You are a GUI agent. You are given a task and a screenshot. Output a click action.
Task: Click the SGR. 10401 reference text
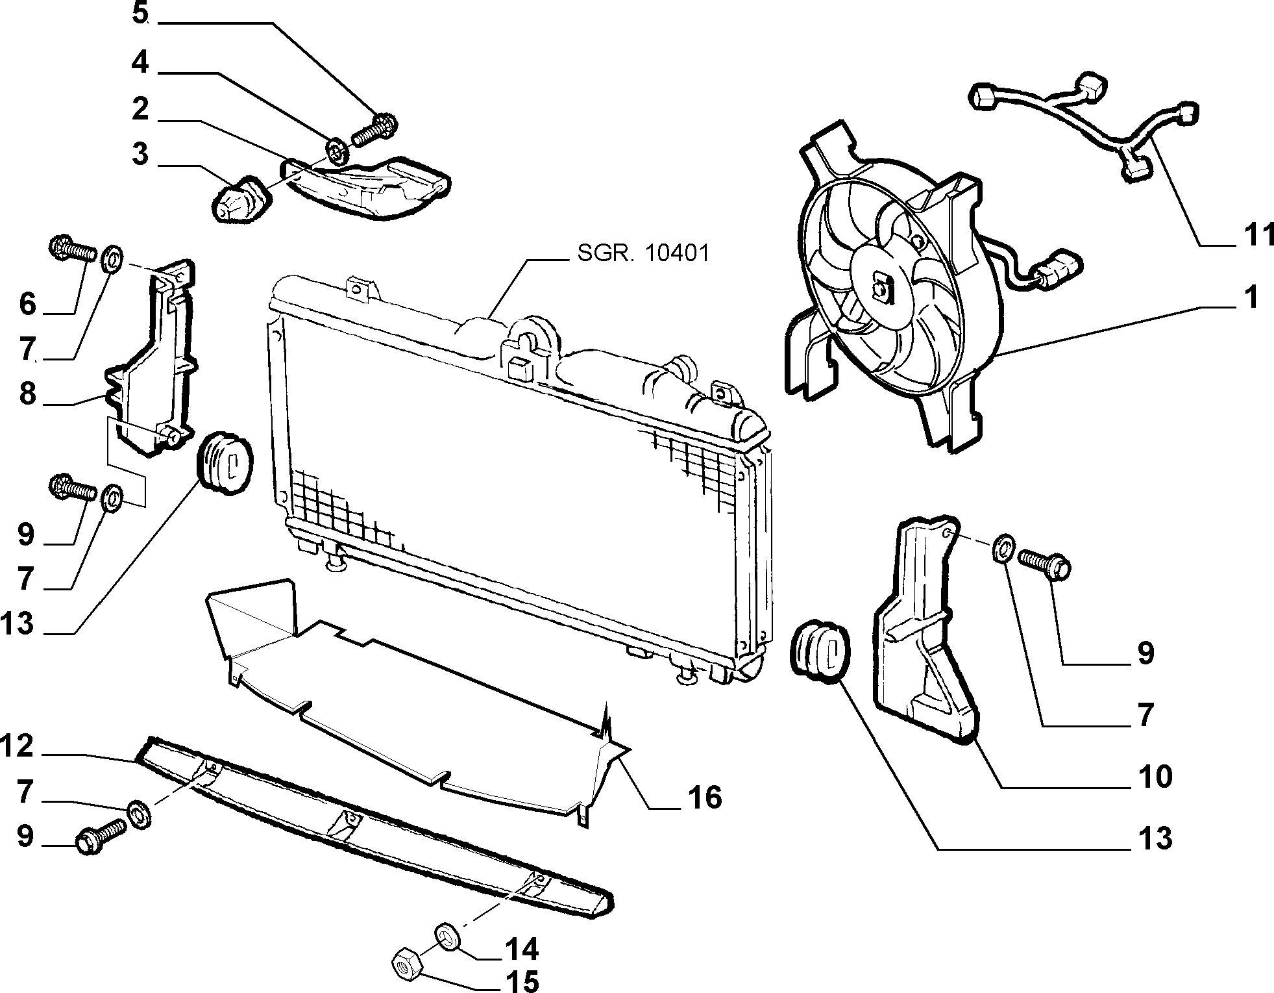[x=643, y=253]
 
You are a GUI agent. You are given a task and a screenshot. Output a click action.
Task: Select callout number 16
[x=704, y=796]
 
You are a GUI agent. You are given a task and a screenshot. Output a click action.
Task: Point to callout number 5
[x=140, y=14]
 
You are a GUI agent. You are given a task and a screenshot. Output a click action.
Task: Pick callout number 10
[x=1155, y=776]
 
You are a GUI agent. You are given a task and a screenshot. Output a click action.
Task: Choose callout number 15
[x=522, y=981]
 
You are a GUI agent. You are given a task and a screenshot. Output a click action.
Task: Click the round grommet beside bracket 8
[x=225, y=464]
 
